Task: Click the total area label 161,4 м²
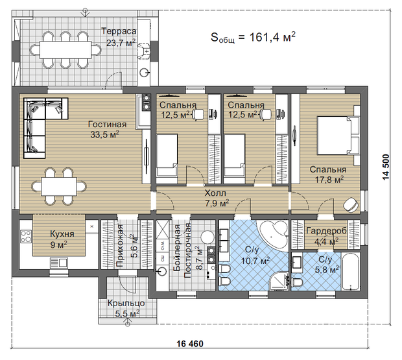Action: pyautogui.click(x=272, y=37)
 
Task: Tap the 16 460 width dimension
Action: pyautogui.click(x=190, y=344)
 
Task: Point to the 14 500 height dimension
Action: pyautogui.click(x=386, y=167)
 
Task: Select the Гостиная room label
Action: pyautogui.click(x=107, y=124)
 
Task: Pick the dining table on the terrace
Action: pyautogui.click(x=65, y=50)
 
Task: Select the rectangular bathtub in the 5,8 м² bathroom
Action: pyautogui.click(x=350, y=271)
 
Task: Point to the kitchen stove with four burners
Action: pyautogui.click(x=26, y=236)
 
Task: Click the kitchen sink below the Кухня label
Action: pyautogui.click(x=59, y=263)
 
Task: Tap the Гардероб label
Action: pyautogui.click(x=326, y=230)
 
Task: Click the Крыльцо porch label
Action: pyautogui.click(x=126, y=303)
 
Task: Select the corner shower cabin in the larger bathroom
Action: pyautogui.click(x=280, y=281)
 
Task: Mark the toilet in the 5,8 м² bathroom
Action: pyautogui.click(x=298, y=282)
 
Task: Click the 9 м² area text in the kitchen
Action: pyautogui.click(x=59, y=245)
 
